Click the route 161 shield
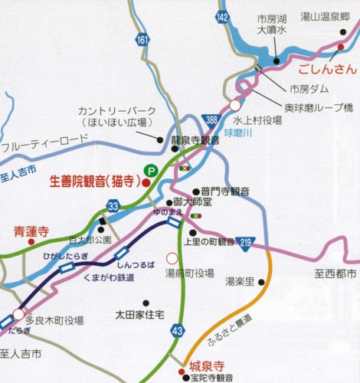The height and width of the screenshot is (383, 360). [x=142, y=38]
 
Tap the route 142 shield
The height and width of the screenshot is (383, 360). [x=223, y=16]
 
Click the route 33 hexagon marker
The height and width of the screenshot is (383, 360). [x=113, y=205]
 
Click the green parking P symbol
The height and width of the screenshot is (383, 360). [x=152, y=172]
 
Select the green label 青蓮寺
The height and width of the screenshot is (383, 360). [x=31, y=230]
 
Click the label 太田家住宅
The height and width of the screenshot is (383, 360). [x=141, y=314]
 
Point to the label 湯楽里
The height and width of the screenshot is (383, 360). [x=240, y=282]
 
